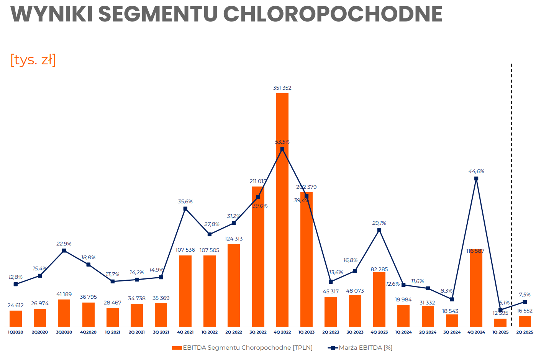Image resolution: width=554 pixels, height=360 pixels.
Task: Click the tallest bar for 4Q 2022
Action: [282, 230]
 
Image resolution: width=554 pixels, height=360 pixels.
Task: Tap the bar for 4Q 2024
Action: [476, 291]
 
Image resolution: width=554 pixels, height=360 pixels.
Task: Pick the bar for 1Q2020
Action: [16, 319]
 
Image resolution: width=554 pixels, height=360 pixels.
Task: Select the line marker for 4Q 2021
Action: [185, 209]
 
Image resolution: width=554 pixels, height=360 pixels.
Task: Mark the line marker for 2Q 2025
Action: [525, 302]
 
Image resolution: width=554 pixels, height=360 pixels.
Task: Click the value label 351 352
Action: [282, 88]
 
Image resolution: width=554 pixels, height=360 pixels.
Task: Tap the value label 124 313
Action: [234, 239]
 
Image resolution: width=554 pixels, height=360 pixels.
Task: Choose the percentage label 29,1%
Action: [379, 223]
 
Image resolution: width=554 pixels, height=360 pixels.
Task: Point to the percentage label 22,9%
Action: [64, 244]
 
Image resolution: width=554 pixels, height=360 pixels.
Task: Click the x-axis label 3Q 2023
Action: [355, 332]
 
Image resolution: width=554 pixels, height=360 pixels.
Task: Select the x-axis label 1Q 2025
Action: [500, 332]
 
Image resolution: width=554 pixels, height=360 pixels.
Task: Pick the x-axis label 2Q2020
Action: [40, 332]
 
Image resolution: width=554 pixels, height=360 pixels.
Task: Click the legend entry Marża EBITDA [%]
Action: [366, 348]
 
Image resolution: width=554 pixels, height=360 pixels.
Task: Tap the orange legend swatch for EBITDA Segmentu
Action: [177, 348]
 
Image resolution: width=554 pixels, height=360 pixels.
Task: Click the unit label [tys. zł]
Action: [33, 60]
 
